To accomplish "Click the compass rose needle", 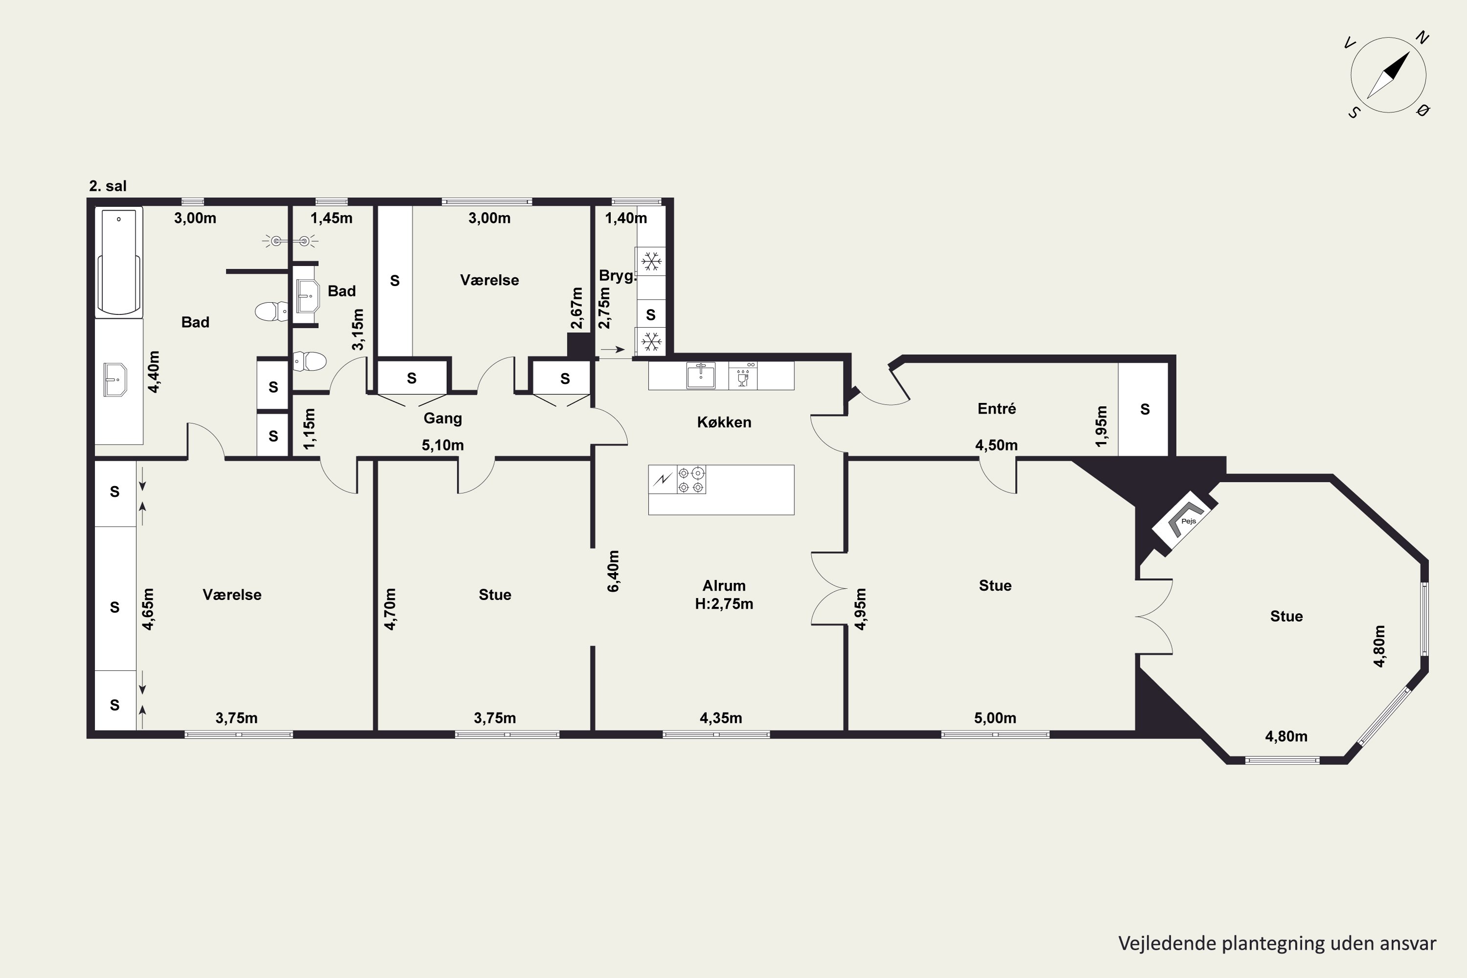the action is pos(1388,75).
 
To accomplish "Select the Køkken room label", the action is pos(724,422).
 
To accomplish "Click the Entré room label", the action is pos(997,408).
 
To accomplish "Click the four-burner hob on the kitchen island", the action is pos(691,480).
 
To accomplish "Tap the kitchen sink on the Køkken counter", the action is pos(701,376).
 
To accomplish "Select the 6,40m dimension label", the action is pos(614,571).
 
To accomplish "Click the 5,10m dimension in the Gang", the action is pos(443,445).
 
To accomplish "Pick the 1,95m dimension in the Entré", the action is pos(1102,426).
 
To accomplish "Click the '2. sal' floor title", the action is pos(108,186).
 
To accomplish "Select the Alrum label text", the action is pos(724,586).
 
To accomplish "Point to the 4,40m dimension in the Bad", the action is pos(154,372).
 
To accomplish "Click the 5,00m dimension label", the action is pos(996,718).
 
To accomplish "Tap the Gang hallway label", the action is pos(443,419).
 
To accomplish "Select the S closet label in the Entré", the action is pos(1145,409).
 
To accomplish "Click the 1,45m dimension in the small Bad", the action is pos(331,218).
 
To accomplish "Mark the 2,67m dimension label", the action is pos(577,308).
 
